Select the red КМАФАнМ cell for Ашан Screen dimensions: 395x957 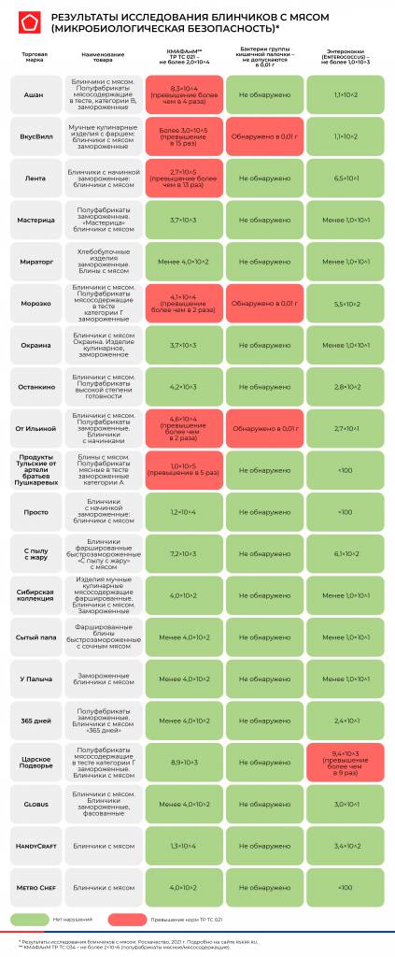coord(183,94)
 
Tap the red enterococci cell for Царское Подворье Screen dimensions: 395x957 coord(345,763)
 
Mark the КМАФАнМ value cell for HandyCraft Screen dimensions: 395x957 coord(183,846)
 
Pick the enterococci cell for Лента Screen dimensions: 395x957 coord(345,178)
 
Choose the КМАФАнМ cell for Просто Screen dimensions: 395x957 coord(183,512)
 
